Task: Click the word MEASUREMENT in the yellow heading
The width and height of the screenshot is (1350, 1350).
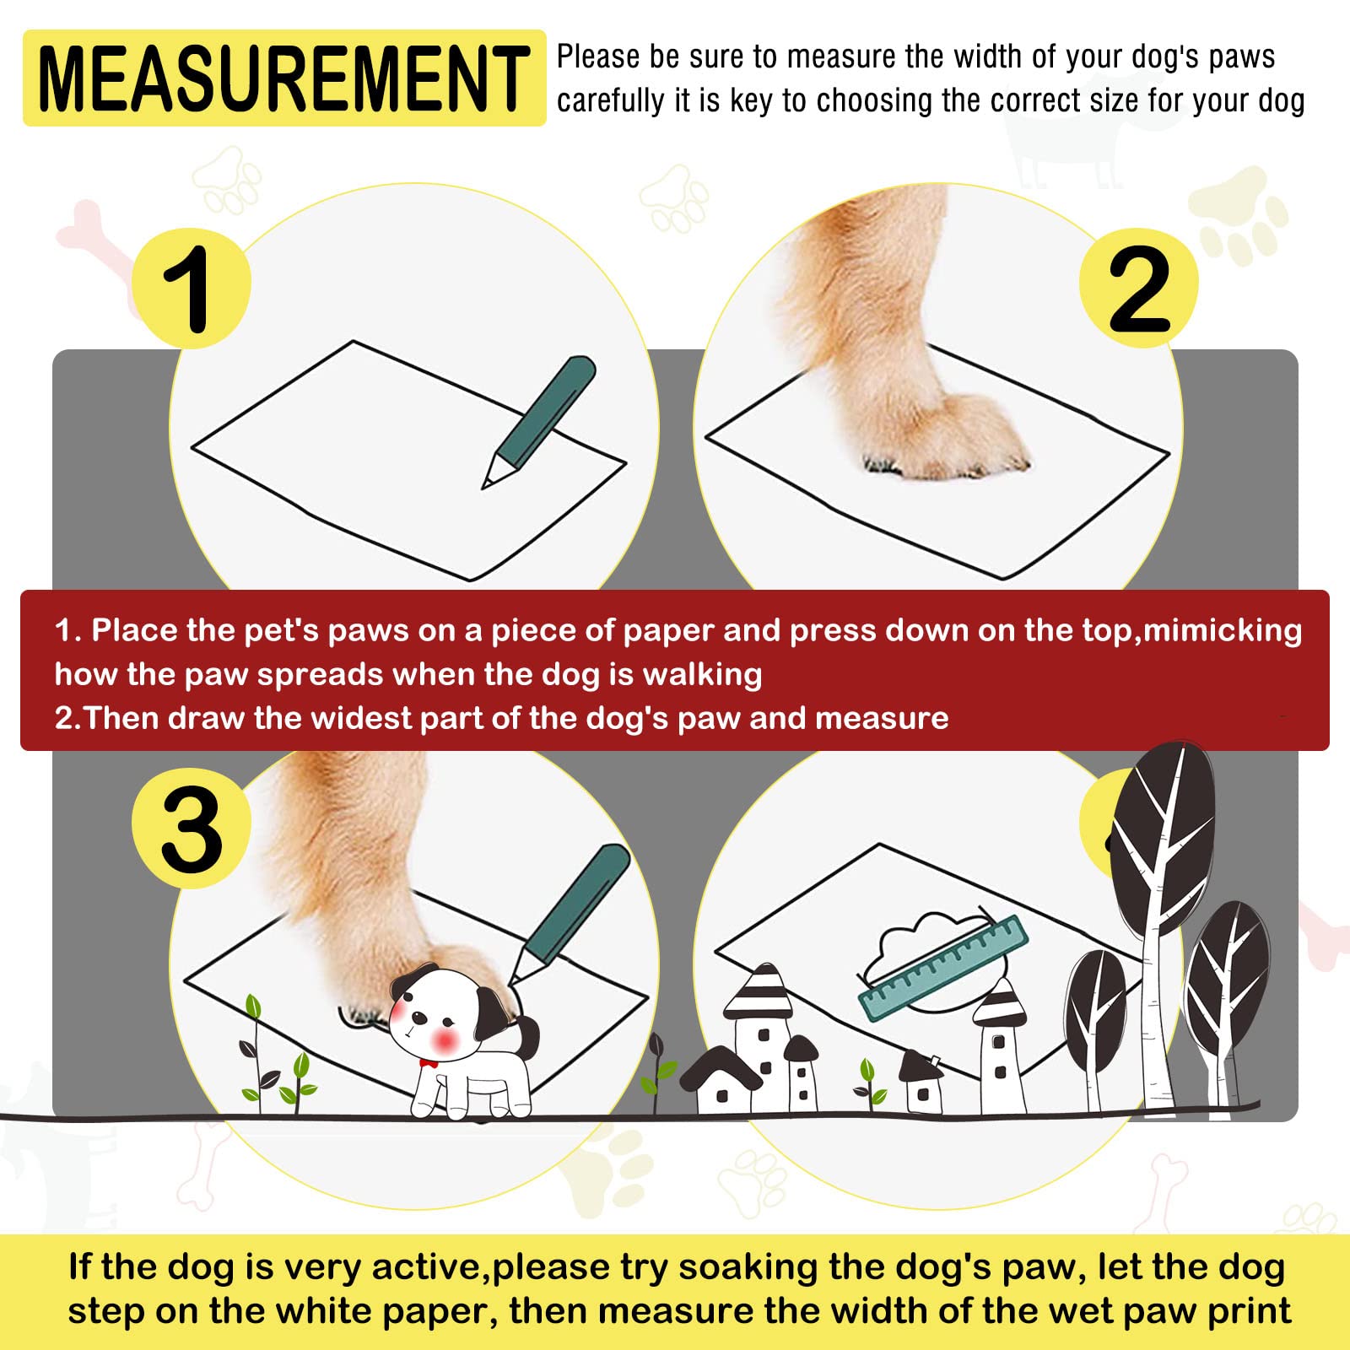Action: [283, 78]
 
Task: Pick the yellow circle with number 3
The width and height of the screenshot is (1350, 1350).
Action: [192, 829]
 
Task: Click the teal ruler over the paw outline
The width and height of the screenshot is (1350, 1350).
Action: [943, 969]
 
